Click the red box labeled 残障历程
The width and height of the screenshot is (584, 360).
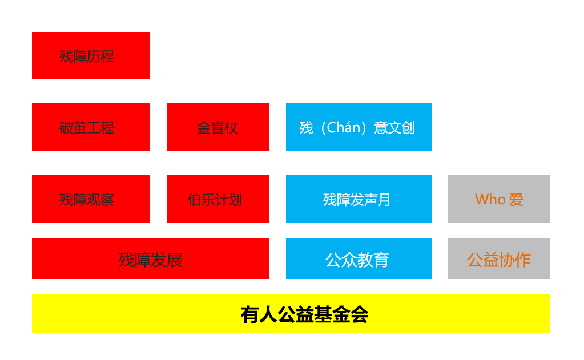click(x=91, y=55)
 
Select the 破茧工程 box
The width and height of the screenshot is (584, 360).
click(x=91, y=127)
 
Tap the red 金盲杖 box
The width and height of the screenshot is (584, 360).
click(x=218, y=127)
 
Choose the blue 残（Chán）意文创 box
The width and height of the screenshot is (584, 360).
click(x=359, y=127)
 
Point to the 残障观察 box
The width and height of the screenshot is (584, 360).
click(x=91, y=199)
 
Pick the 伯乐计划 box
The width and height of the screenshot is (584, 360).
click(x=218, y=199)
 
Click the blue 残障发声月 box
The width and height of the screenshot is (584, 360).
click(x=359, y=199)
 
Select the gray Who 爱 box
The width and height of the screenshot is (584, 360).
click(x=499, y=199)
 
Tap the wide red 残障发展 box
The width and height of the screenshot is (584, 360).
click(x=150, y=259)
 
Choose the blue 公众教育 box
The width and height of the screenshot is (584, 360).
click(x=359, y=259)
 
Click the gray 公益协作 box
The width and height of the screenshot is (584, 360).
click(x=499, y=259)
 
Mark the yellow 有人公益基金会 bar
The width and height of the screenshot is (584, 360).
click(x=291, y=313)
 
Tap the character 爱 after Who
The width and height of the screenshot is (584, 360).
click(x=517, y=200)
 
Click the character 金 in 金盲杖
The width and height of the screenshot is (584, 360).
click(x=203, y=128)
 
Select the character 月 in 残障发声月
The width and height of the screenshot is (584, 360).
click(x=384, y=200)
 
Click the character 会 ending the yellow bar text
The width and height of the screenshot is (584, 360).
click(x=360, y=314)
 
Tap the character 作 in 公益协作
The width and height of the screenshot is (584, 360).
click(x=523, y=260)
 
